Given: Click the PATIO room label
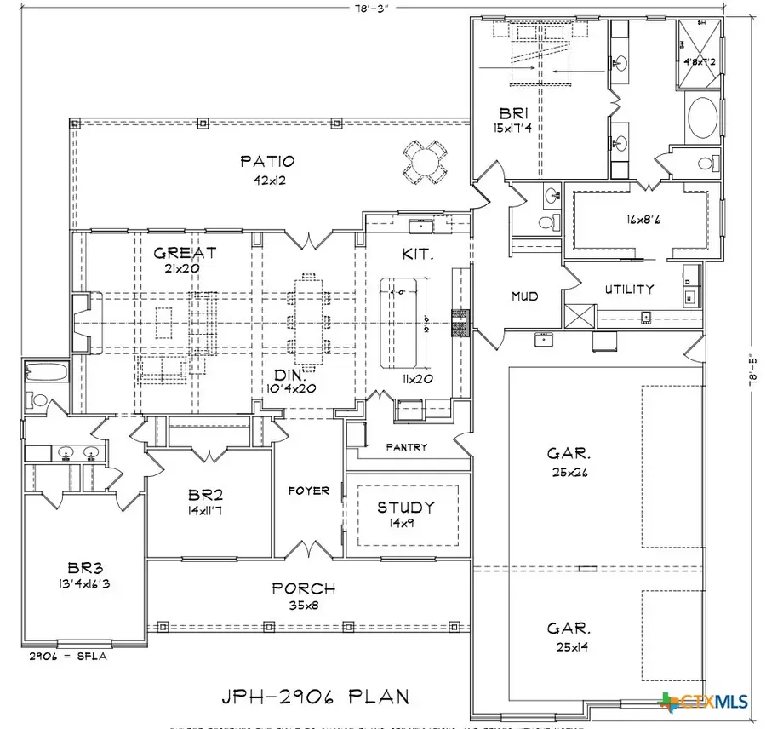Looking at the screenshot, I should click(x=266, y=161).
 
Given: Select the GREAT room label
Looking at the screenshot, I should click(x=185, y=253).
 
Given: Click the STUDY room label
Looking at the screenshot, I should click(x=406, y=508).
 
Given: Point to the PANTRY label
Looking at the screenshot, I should click(x=406, y=447).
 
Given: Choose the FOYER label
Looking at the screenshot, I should click(x=309, y=491).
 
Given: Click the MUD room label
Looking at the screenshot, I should click(x=524, y=297).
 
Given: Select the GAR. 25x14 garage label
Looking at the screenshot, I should click(x=569, y=635).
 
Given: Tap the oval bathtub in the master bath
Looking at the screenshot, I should click(x=702, y=118).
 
